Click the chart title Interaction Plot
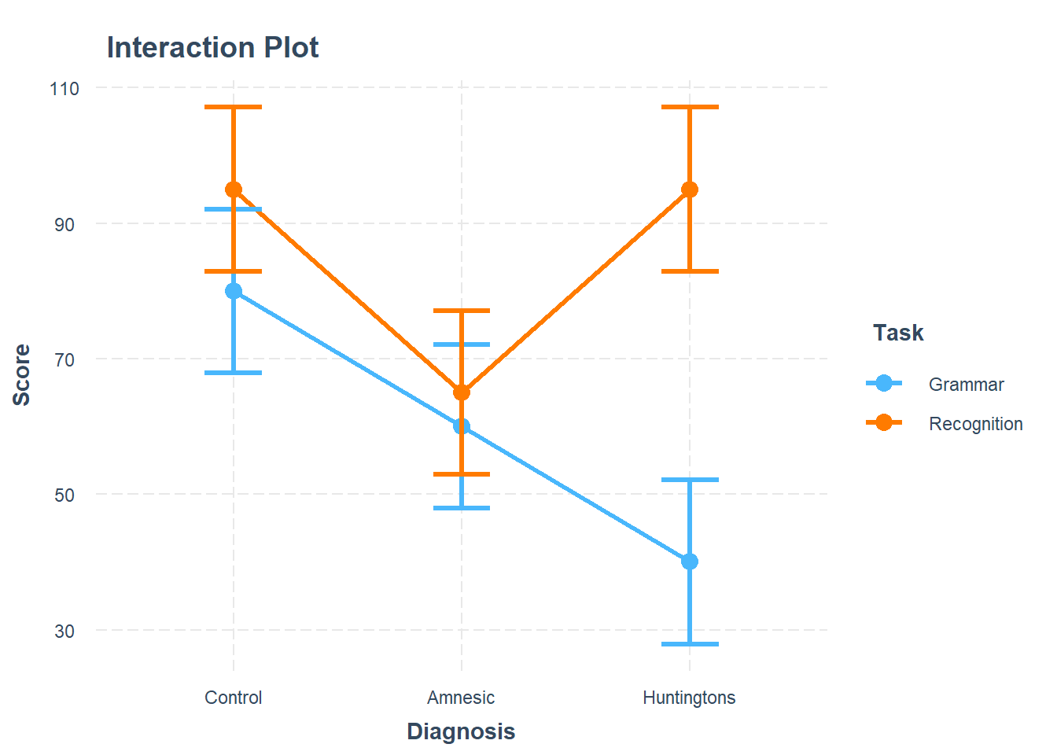point(212,48)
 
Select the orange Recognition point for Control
point(234,190)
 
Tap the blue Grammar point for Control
point(234,291)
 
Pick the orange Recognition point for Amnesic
point(462,392)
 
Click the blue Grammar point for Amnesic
point(462,426)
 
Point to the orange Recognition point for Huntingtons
point(690,190)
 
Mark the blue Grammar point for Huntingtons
point(690,562)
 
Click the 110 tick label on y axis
point(64,89)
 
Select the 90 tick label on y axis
point(64,225)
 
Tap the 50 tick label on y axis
point(64,495)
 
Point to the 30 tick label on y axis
point(64,632)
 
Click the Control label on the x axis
point(234,698)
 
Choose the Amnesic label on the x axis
point(461,698)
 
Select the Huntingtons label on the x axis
point(689,698)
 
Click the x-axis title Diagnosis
point(461,732)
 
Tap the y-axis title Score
point(22,374)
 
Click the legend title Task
point(898,333)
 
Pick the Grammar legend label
point(966,385)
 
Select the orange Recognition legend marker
point(884,423)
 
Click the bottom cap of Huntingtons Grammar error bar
point(690,644)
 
